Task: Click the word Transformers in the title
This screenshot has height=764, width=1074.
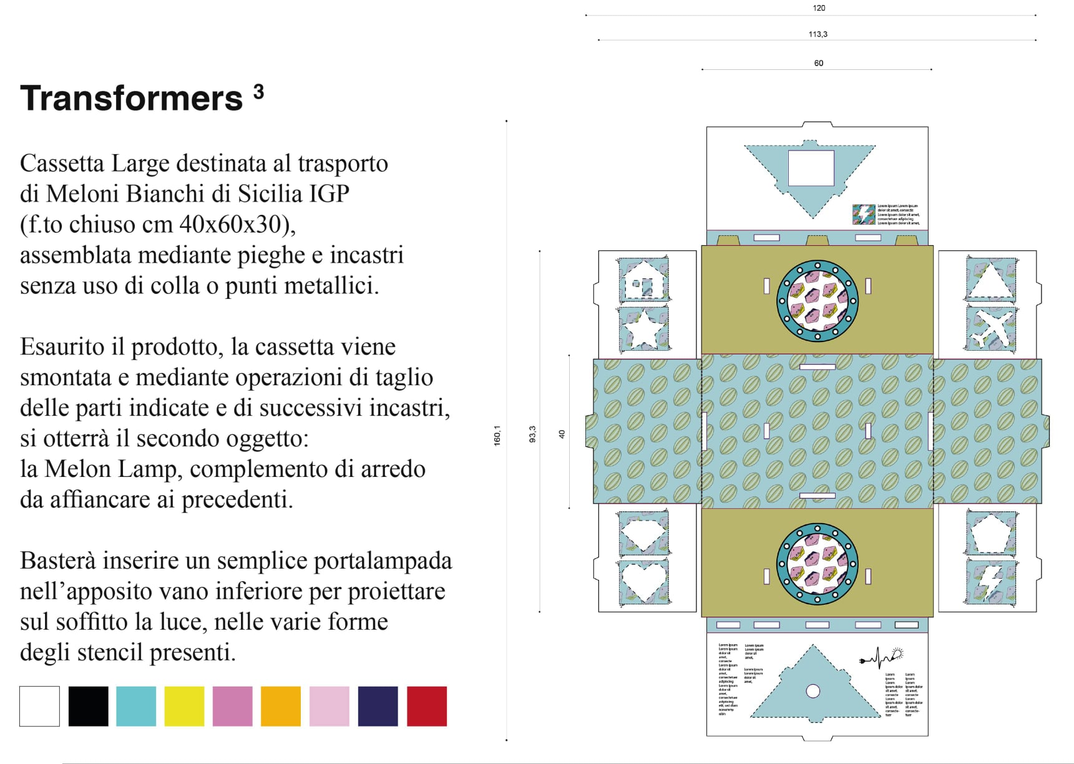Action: [131, 99]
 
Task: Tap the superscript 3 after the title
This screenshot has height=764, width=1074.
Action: [258, 92]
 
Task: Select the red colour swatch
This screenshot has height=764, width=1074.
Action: [427, 706]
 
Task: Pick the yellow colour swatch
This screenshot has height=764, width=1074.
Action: [184, 706]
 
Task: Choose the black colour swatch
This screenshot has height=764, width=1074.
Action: [88, 706]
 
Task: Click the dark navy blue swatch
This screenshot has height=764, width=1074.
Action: [378, 706]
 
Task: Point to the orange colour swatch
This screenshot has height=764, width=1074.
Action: [281, 706]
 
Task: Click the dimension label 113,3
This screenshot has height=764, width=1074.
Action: [818, 34]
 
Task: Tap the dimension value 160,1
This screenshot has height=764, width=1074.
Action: [497, 435]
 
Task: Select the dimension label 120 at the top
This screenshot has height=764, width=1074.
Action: [819, 8]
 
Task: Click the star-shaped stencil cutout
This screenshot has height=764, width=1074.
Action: [643, 330]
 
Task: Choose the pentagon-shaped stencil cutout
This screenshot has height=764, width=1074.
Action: [991, 532]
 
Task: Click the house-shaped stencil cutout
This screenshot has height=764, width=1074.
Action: [643, 281]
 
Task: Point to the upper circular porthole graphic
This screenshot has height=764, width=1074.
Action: [817, 301]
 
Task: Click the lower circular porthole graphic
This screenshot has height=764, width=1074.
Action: [817, 564]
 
